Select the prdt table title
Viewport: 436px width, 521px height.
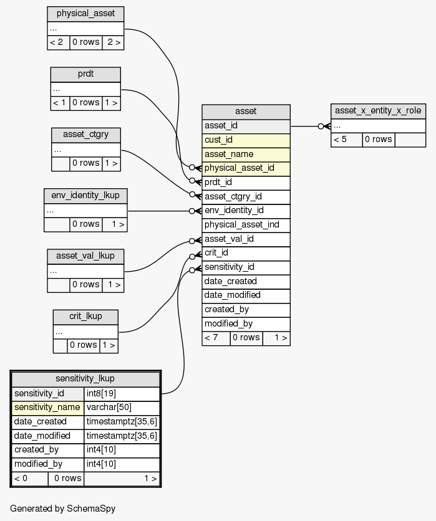click(85, 74)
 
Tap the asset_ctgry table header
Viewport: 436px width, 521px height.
click(85, 135)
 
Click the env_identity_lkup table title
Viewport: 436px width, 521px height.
click(85, 195)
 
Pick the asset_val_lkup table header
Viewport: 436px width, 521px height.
click(85, 256)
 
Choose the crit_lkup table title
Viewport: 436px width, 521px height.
click(85, 316)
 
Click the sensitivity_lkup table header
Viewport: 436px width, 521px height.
click(85, 378)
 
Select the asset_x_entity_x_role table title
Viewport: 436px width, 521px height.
click(378, 111)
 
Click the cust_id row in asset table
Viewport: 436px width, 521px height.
click(246, 140)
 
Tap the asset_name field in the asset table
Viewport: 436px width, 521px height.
click(246, 154)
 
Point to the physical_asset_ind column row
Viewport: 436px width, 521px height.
click(246, 224)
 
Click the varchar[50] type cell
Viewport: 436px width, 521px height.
click(122, 408)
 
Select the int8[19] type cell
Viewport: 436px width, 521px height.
click(122, 393)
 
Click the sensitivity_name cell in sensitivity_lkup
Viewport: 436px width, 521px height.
click(48, 408)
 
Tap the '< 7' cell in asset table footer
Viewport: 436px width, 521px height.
click(216, 338)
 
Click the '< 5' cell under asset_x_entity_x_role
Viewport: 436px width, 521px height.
click(346, 140)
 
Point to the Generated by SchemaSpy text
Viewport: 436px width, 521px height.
click(62, 509)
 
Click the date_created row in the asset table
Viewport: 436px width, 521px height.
click(246, 281)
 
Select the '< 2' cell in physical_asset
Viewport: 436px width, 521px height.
click(58, 42)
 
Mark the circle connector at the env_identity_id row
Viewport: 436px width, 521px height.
click(192, 211)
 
